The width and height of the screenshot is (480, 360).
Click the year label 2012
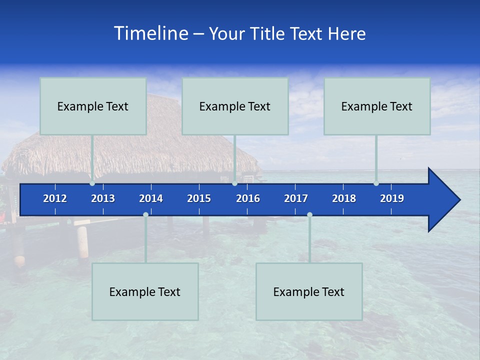(55, 198)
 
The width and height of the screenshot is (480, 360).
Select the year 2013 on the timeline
(103, 198)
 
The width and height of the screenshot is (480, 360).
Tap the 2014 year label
(151, 198)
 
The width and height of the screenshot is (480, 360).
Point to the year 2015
(199, 198)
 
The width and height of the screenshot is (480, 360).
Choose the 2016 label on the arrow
(248, 198)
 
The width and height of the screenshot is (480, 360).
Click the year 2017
(296, 198)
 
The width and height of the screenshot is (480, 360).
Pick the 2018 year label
(344, 198)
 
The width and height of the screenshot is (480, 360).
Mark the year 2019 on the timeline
(392, 198)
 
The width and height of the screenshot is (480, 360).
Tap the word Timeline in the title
(150, 33)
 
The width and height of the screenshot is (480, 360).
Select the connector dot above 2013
(92, 183)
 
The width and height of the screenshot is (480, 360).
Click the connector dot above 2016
(234, 183)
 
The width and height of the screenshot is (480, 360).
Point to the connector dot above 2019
(376, 183)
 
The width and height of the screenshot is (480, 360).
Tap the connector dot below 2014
(145, 214)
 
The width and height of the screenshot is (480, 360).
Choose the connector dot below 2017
(309, 214)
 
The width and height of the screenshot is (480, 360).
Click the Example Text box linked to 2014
(145, 291)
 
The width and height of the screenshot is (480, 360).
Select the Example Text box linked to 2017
(309, 291)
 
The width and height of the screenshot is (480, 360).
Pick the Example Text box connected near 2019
(377, 106)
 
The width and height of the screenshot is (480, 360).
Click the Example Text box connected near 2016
(235, 106)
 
